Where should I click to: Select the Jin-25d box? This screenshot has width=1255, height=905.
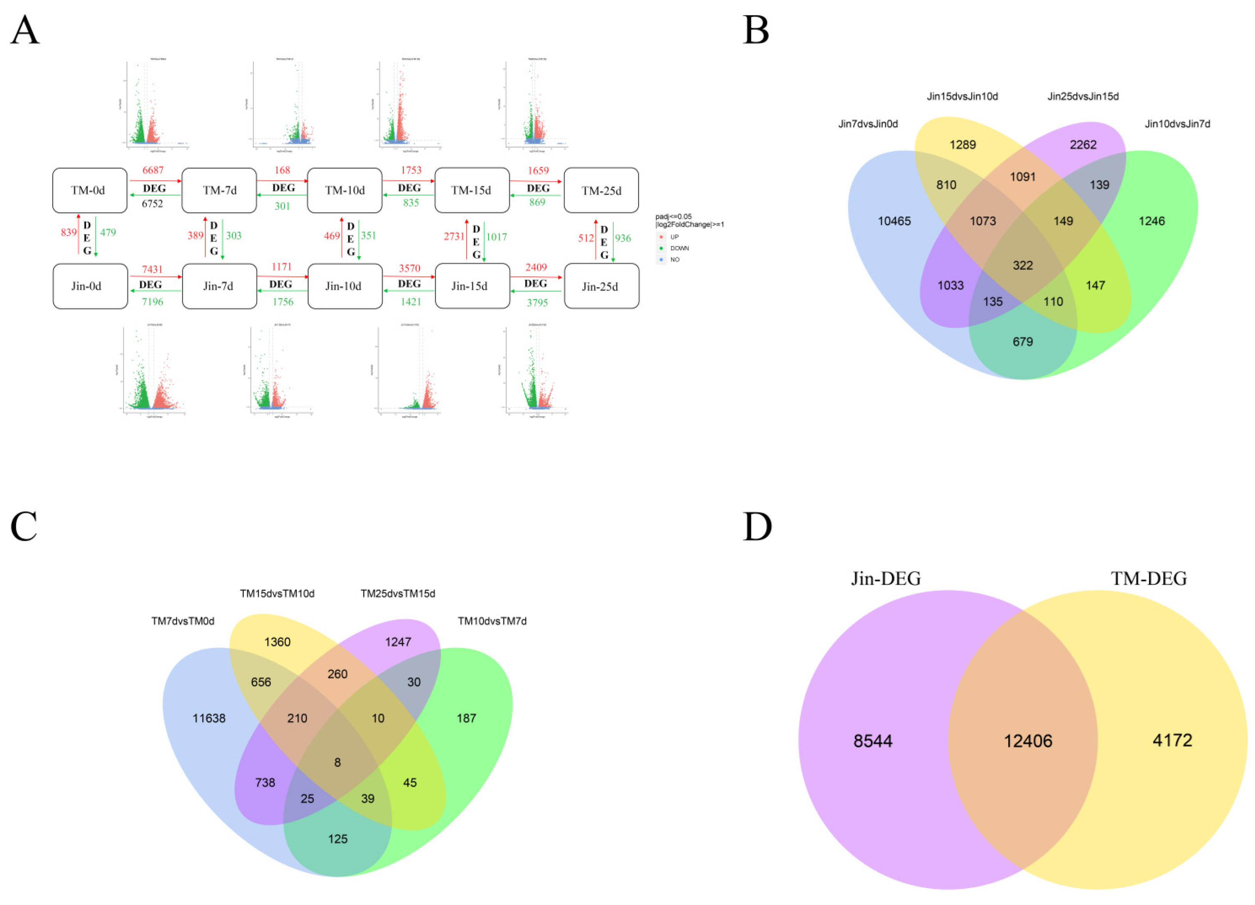coord(601,286)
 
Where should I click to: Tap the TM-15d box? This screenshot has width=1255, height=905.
coord(472,190)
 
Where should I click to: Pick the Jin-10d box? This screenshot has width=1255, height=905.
coord(344,286)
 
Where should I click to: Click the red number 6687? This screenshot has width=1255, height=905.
coord(153,170)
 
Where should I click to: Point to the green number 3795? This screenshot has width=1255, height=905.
coord(537,303)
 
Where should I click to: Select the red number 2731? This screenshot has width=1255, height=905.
coord(454,236)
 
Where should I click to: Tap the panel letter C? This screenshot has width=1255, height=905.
coord(24,526)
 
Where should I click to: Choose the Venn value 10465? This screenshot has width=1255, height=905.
coord(894,221)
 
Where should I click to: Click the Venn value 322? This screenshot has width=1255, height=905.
coord(1023,266)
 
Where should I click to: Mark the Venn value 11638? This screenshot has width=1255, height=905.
coord(209,718)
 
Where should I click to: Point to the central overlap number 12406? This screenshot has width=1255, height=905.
coord(1028,741)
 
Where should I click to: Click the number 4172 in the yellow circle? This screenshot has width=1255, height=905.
coord(1172,740)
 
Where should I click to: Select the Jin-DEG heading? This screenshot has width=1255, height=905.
coord(885,579)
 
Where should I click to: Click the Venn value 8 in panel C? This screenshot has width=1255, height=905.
coord(337,762)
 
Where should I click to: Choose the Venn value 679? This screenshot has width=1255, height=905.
coord(1023,342)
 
